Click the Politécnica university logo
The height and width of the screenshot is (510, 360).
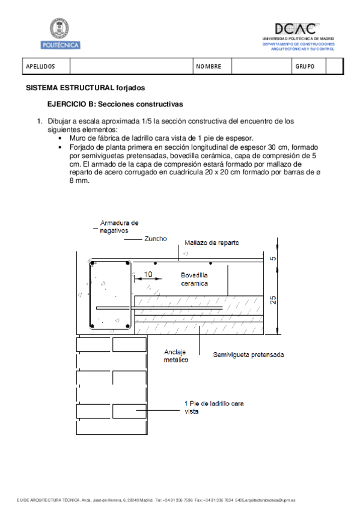pos(60,34)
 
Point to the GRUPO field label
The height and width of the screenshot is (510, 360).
pos(305,66)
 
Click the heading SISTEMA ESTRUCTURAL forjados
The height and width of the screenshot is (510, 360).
pos(85,88)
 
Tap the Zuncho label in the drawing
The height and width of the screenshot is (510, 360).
pos(156,239)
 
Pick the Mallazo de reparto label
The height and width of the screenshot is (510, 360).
pos(212,243)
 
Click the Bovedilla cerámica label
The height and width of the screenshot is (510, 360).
pos(195,278)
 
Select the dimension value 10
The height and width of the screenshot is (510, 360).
pos(148,274)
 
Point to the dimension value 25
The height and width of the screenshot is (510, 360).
pos(273,299)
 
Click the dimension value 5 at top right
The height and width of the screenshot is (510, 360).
pos(273,259)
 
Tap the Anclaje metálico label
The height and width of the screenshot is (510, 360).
pos(177,356)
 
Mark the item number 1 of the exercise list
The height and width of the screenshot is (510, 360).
pos(40,121)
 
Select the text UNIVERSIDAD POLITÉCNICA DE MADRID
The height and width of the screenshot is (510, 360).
pos(298,38)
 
